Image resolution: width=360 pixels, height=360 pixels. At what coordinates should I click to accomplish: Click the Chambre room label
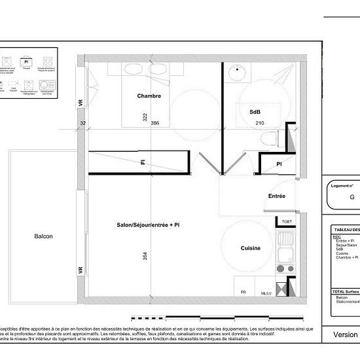click(149, 96)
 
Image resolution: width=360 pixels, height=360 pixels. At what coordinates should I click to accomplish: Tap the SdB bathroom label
click(255, 112)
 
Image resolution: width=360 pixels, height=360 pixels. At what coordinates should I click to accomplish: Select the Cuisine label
click(251, 248)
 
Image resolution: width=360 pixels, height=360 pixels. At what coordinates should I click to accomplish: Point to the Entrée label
click(276, 196)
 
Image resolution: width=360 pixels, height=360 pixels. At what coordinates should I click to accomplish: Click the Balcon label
click(43, 237)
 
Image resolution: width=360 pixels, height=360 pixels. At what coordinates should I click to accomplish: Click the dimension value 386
click(155, 123)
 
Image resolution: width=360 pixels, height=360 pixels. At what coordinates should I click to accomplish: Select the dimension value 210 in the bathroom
click(259, 123)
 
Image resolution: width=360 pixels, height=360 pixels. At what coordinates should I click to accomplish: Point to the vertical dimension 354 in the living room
click(144, 257)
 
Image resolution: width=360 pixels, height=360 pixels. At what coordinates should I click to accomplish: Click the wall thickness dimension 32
click(83, 123)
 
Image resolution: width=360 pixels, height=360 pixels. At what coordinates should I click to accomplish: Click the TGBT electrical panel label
click(286, 222)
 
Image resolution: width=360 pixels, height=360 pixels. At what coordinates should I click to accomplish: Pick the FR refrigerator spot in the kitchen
click(243, 292)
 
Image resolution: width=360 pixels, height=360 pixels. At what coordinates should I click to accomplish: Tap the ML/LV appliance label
click(265, 293)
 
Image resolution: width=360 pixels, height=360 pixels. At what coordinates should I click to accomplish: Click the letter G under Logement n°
click(351, 197)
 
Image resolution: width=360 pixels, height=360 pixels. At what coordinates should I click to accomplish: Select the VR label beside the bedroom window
click(81, 103)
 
